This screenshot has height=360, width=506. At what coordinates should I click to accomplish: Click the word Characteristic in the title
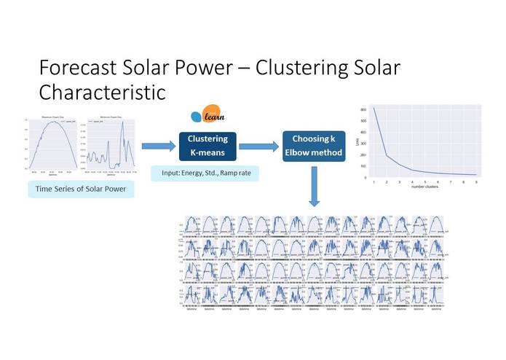click(x=102, y=93)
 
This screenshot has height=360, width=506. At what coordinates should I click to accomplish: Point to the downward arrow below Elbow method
click(x=314, y=189)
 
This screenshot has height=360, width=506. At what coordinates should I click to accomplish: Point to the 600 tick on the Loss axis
click(x=365, y=109)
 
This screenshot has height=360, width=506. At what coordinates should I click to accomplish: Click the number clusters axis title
click(x=425, y=187)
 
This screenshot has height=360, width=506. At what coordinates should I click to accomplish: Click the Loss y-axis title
click(x=358, y=144)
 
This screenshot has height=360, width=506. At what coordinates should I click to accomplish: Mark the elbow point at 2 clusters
click(x=387, y=156)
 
